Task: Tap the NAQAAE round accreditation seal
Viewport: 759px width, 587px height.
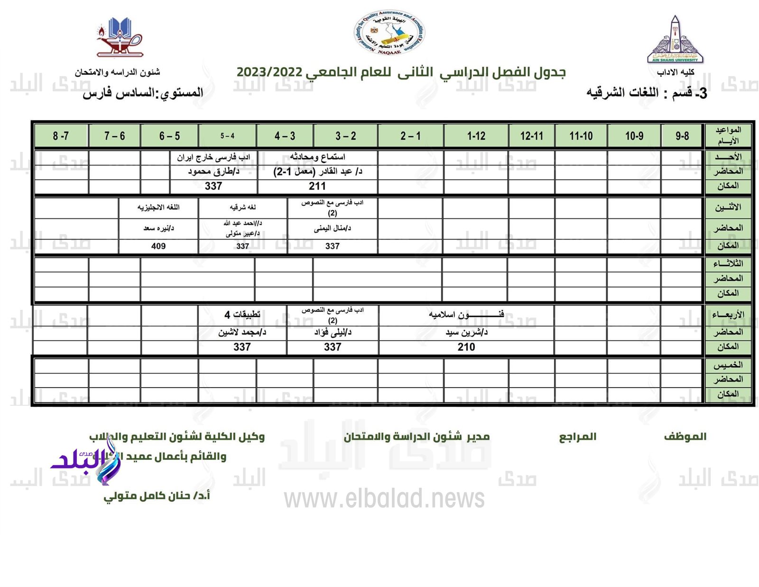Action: (x=389, y=33)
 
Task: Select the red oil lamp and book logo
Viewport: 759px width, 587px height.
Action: (x=120, y=38)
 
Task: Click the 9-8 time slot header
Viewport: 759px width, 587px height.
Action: (x=682, y=136)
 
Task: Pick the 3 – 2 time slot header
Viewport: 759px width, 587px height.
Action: (x=345, y=136)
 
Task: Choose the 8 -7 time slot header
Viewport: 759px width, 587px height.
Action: (x=61, y=136)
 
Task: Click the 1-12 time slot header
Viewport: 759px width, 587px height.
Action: (x=476, y=136)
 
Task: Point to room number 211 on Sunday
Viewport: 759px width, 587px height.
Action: (x=317, y=186)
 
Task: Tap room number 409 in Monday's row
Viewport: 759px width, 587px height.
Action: (x=158, y=246)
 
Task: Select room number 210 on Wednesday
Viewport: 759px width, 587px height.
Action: (x=466, y=347)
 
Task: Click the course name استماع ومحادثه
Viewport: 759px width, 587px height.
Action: (x=317, y=157)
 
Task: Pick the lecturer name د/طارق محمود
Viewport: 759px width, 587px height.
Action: (x=213, y=171)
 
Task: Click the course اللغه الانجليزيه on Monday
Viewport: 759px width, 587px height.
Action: (x=158, y=207)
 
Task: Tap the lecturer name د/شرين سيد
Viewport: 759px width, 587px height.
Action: (x=466, y=332)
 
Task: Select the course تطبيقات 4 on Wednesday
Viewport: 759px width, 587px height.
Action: (x=242, y=315)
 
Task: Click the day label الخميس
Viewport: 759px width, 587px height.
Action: (x=728, y=365)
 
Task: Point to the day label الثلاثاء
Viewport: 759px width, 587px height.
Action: (x=728, y=264)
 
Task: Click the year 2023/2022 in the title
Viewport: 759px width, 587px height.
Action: (x=269, y=72)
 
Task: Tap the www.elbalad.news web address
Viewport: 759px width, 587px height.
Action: (x=384, y=499)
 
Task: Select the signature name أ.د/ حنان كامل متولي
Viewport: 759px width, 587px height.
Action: (x=157, y=496)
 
